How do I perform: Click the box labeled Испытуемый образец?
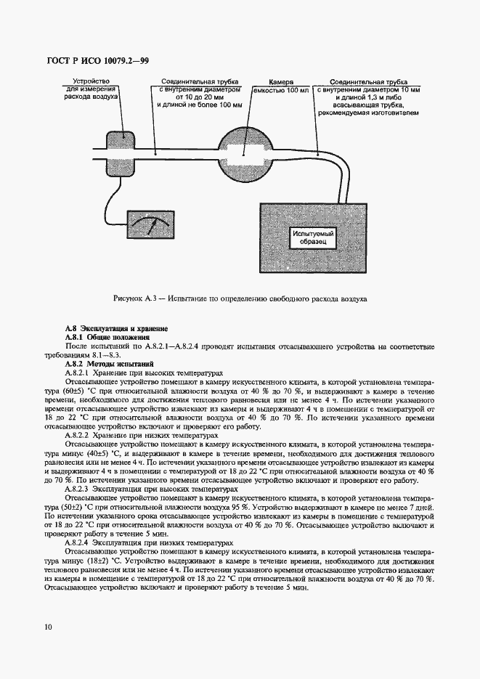312,238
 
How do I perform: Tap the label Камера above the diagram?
280,83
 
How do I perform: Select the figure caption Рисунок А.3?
240,298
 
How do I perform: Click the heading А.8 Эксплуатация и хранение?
116,328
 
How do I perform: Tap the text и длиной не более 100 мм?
199,105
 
